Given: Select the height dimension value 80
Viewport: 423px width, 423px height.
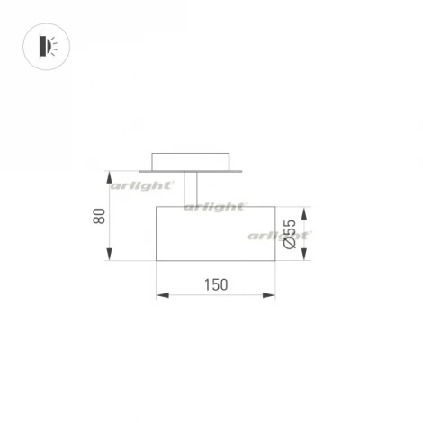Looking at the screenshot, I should click(x=100, y=216).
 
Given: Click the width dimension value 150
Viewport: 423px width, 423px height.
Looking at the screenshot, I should click(x=215, y=284).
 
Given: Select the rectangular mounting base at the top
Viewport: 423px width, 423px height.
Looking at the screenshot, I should click(x=190, y=159).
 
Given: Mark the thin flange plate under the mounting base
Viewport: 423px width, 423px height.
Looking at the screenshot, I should click(x=190, y=169).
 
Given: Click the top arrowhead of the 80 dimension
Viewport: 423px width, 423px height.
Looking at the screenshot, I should click(x=110, y=175).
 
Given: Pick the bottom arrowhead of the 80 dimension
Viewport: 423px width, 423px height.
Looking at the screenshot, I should click(x=110, y=257).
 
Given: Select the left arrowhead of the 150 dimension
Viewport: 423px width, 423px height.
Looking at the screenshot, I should click(x=160, y=294).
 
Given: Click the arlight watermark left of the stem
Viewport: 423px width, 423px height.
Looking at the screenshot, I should click(x=141, y=185).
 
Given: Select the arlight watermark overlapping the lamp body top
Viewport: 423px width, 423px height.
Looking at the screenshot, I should click(x=215, y=206).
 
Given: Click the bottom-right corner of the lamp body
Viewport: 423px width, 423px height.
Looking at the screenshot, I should click(x=274, y=261).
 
